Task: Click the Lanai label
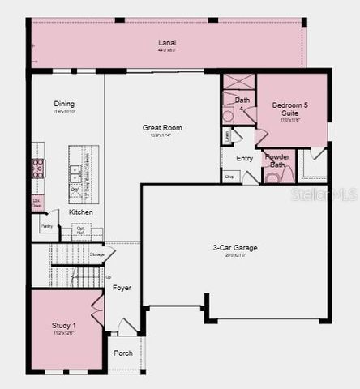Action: click(167, 42)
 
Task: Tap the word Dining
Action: click(64, 104)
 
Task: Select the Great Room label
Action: click(162, 127)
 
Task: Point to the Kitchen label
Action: click(80, 212)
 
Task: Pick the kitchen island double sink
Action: click(75, 171)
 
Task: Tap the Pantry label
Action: click(47, 226)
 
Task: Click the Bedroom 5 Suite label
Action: click(290, 109)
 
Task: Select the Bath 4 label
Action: click(242, 103)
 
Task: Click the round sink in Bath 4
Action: click(228, 116)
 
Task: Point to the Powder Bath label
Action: click(277, 160)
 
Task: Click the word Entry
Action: click(244, 158)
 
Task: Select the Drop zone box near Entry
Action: click(230, 176)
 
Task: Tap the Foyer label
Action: click(122, 288)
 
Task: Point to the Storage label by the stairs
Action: click(97, 254)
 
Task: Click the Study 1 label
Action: click(64, 325)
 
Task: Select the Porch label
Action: click(123, 353)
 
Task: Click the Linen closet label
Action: click(226, 135)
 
